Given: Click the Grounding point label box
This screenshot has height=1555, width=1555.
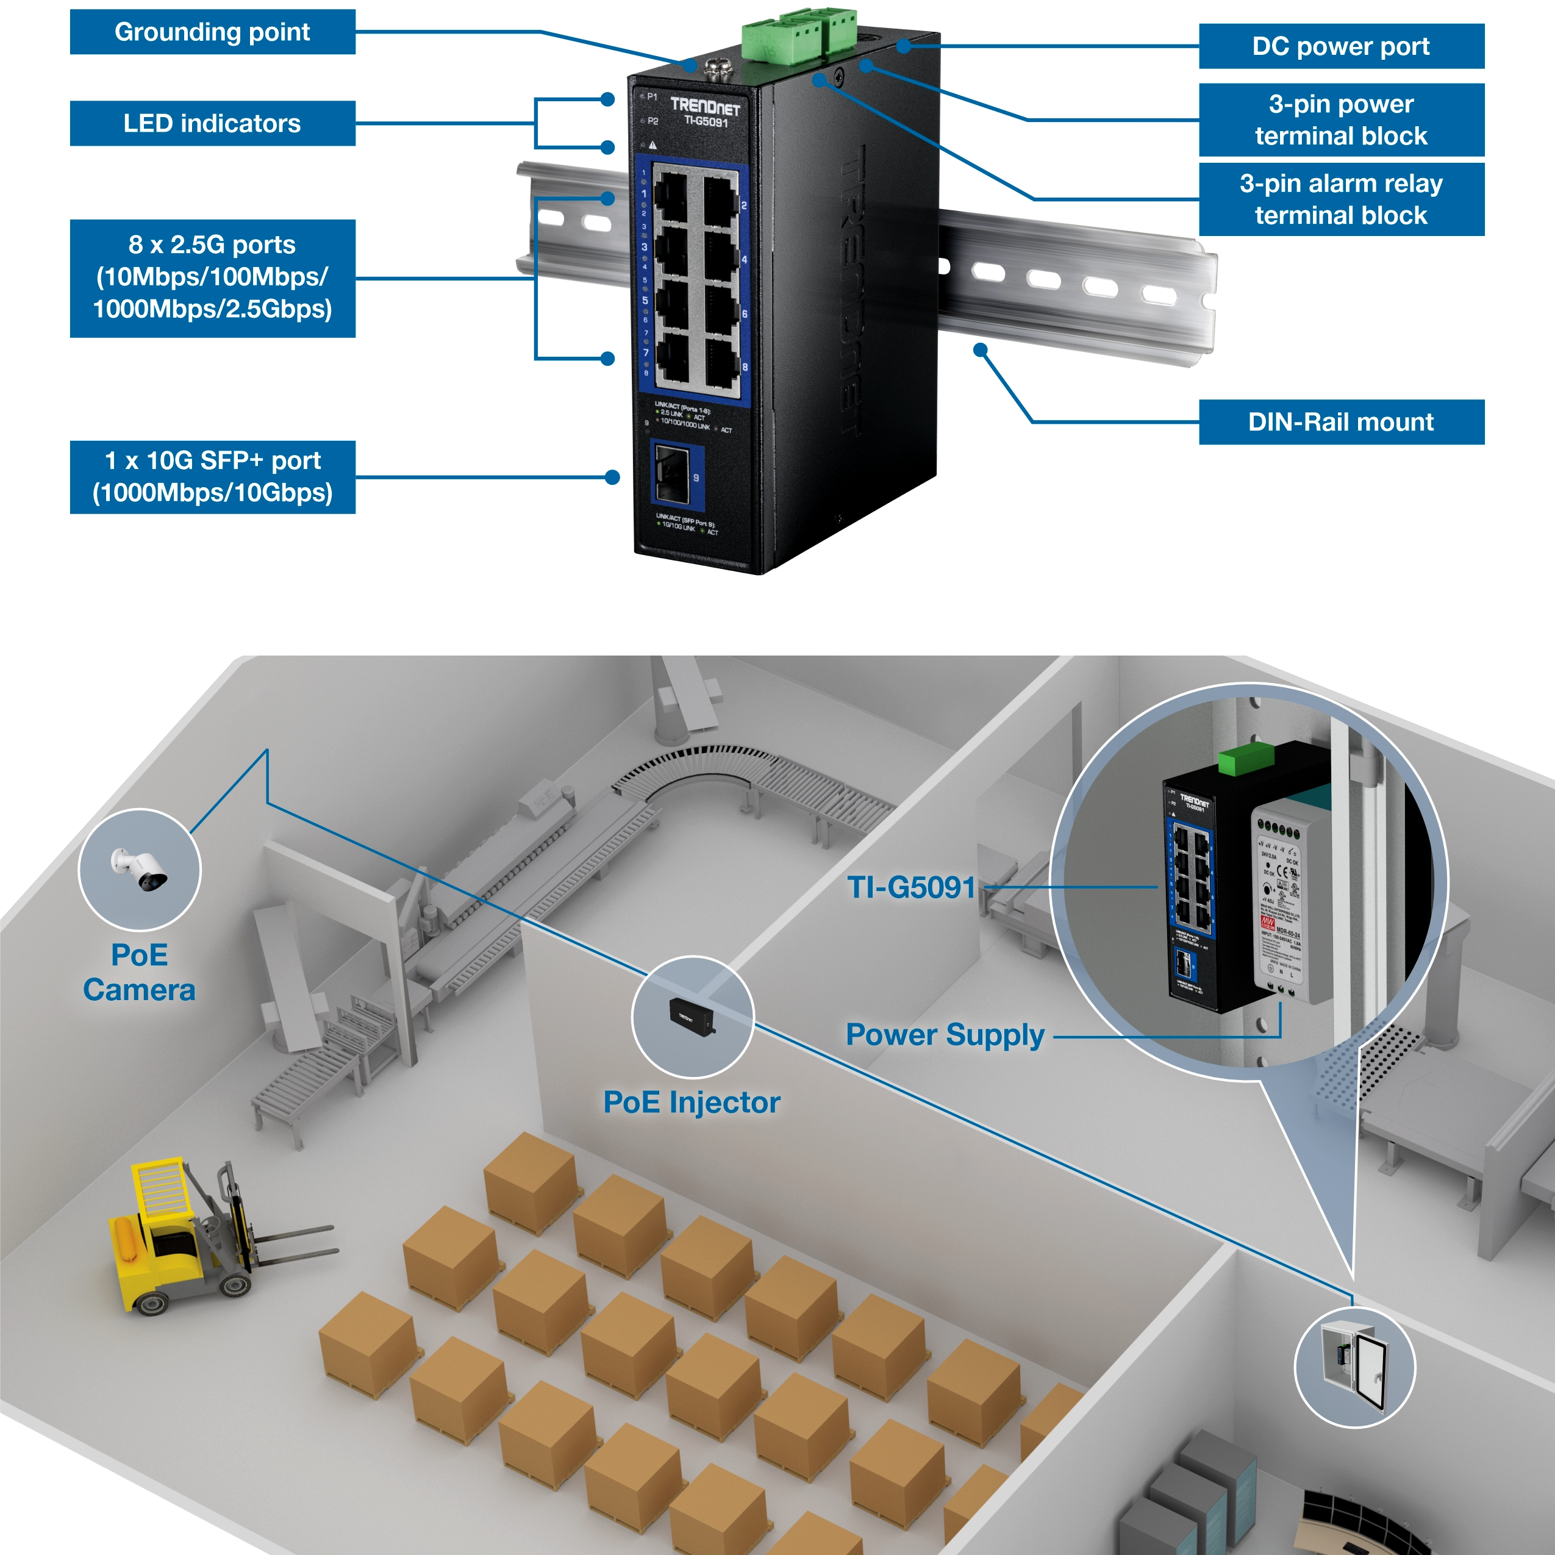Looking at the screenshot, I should pos(212,32).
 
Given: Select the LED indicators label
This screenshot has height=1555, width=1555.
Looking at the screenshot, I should pos(212,123).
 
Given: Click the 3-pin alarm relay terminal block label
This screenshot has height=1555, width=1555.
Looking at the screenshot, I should pos(1341,199).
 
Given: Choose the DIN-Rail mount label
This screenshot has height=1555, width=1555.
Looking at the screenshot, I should pos(1341,422).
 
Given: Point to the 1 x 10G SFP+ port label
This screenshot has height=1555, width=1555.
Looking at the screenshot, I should pos(212,476).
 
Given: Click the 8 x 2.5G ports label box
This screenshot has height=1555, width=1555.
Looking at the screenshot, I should pos(212,277).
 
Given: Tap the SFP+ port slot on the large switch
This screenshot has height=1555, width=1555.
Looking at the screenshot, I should pos(673,475).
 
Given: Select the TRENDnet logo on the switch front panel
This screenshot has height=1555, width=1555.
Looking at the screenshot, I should pos(705,106).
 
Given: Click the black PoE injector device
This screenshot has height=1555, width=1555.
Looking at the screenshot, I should pos(690,1017).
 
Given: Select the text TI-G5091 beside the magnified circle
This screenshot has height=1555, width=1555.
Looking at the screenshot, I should pos(911,888).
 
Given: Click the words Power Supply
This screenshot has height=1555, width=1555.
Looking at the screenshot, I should pos(945,1035).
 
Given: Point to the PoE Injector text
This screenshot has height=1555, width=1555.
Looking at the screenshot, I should pos(692,1103).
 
